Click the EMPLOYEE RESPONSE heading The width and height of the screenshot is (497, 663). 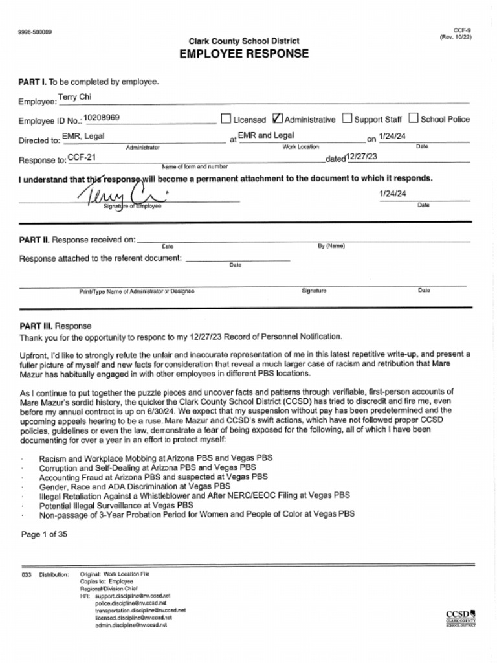coord(244,54)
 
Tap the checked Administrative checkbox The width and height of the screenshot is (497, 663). coord(278,118)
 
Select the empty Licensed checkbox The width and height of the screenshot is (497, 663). coord(226,118)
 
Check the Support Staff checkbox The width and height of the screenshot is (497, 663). coord(347,118)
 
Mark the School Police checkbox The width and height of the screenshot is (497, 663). coord(414,118)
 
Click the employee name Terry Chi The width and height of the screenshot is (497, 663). coord(74,97)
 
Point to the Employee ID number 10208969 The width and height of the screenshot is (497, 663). coord(102,118)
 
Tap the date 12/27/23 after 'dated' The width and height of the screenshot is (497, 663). coord(362,157)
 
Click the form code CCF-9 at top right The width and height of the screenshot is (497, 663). coord(461,30)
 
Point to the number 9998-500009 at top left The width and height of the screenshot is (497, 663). coord(36,32)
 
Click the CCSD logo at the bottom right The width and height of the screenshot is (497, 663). coord(460,618)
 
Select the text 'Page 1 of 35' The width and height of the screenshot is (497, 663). coord(44,534)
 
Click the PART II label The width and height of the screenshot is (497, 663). coord(34,240)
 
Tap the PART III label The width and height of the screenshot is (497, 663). coord(36,326)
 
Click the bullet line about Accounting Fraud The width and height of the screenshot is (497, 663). coord(153,476)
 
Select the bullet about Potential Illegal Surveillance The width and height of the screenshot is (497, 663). coord(116,505)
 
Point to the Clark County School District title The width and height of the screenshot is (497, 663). coord(244,41)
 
